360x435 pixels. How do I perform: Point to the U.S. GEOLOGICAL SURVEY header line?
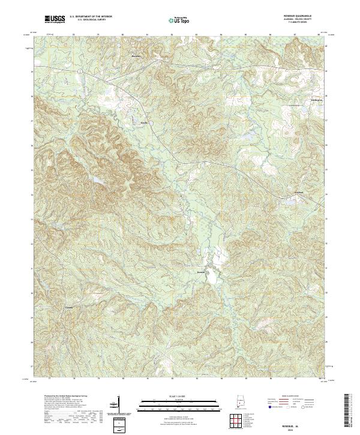click(x=88, y=20)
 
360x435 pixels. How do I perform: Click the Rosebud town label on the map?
click(x=202, y=271)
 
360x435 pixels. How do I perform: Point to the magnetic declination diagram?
click(x=115, y=405)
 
